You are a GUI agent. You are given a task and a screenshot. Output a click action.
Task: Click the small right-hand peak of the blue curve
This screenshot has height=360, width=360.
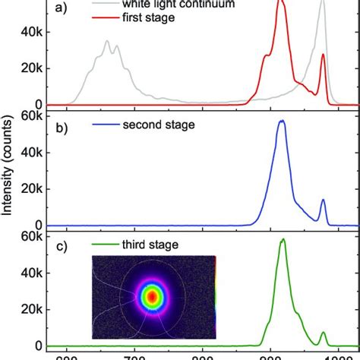tap(323, 201)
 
